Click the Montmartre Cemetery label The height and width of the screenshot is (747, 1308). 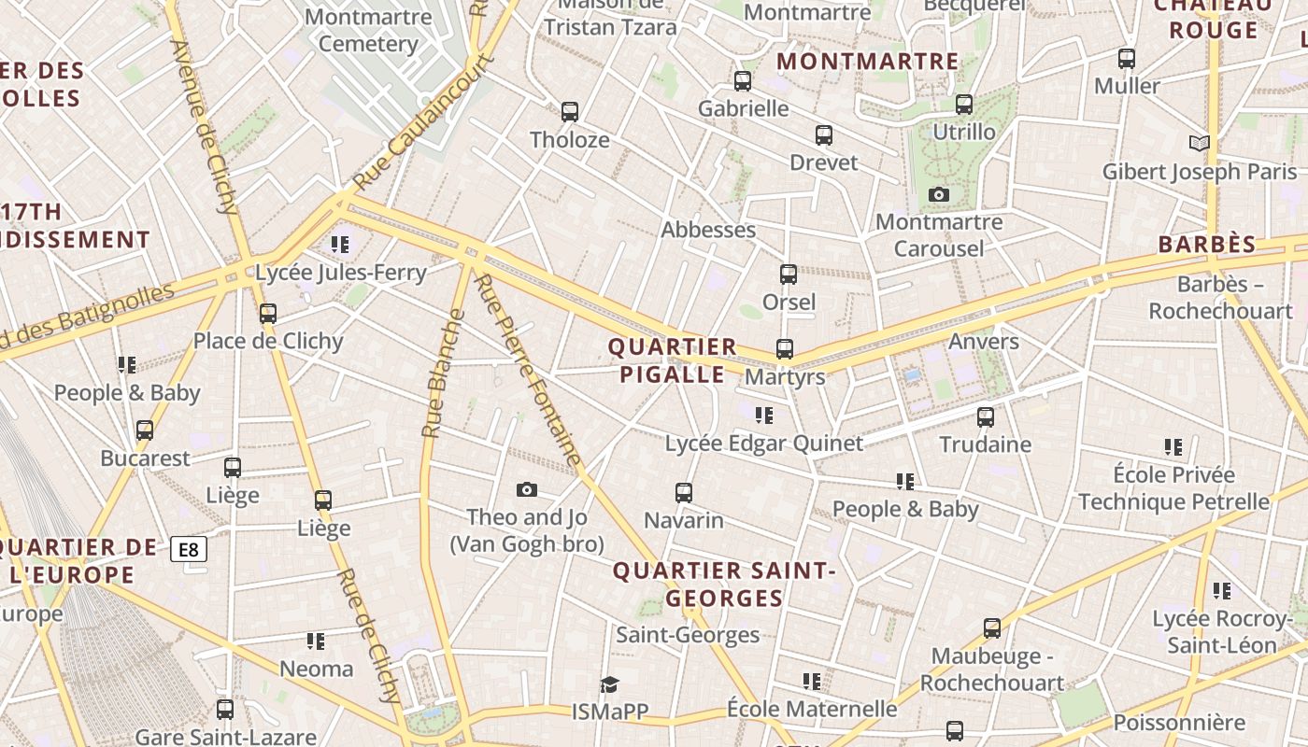click(x=368, y=30)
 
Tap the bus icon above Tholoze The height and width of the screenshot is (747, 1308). click(x=570, y=112)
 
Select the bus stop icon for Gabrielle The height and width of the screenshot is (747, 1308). click(x=743, y=81)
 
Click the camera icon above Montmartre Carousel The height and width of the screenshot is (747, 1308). click(x=939, y=194)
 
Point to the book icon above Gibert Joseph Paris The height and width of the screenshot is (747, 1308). click(x=1200, y=143)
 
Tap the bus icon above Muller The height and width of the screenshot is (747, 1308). click(x=1127, y=58)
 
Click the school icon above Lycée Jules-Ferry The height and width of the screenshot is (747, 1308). click(x=340, y=245)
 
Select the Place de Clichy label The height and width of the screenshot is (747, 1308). click(x=268, y=341)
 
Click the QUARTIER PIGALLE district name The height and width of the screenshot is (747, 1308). click(x=672, y=360)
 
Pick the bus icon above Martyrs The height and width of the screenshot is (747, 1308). click(x=785, y=349)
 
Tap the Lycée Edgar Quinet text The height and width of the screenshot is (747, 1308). click(x=763, y=444)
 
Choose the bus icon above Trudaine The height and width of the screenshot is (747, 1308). click(x=986, y=417)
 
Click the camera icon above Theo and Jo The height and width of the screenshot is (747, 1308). click(x=527, y=489)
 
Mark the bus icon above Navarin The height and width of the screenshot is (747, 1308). click(x=684, y=492)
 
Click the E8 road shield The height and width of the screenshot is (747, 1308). click(x=189, y=549)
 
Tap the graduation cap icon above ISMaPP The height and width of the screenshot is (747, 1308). click(x=610, y=684)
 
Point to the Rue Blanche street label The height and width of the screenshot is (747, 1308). click(x=443, y=373)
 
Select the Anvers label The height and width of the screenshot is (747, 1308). click(x=983, y=341)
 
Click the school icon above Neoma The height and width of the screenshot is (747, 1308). click(x=316, y=641)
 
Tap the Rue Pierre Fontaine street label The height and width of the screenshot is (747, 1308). click(x=529, y=370)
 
